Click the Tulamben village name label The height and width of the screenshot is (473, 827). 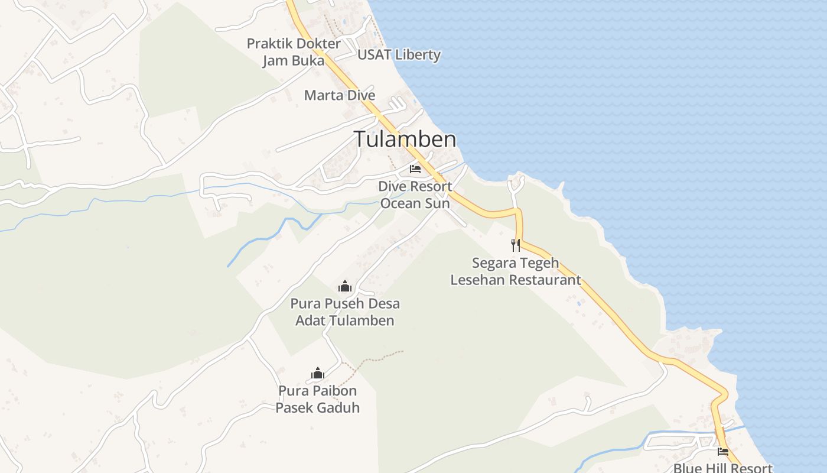(405, 140)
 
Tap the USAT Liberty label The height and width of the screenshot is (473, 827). (399, 55)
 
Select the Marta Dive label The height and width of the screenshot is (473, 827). (340, 95)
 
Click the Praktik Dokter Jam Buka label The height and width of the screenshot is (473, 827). (294, 52)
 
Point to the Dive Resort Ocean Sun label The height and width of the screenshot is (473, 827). (415, 195)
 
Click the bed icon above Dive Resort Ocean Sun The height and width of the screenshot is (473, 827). (415, 169)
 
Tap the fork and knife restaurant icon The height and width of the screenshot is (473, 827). (516, 245)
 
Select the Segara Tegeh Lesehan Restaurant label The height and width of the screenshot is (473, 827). (516, 271)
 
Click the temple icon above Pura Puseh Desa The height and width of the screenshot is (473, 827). (345, 287)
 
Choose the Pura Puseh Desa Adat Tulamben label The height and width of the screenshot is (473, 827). (345, 312)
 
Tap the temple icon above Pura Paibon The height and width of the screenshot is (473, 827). (318, 373)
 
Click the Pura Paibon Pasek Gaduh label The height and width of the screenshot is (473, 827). (318, 399)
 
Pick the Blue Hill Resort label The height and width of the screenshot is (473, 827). (722, 468)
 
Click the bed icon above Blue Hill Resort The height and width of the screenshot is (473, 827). (723, 452)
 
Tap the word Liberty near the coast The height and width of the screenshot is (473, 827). (418, 55)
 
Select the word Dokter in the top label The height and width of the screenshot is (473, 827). (319, 44)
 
